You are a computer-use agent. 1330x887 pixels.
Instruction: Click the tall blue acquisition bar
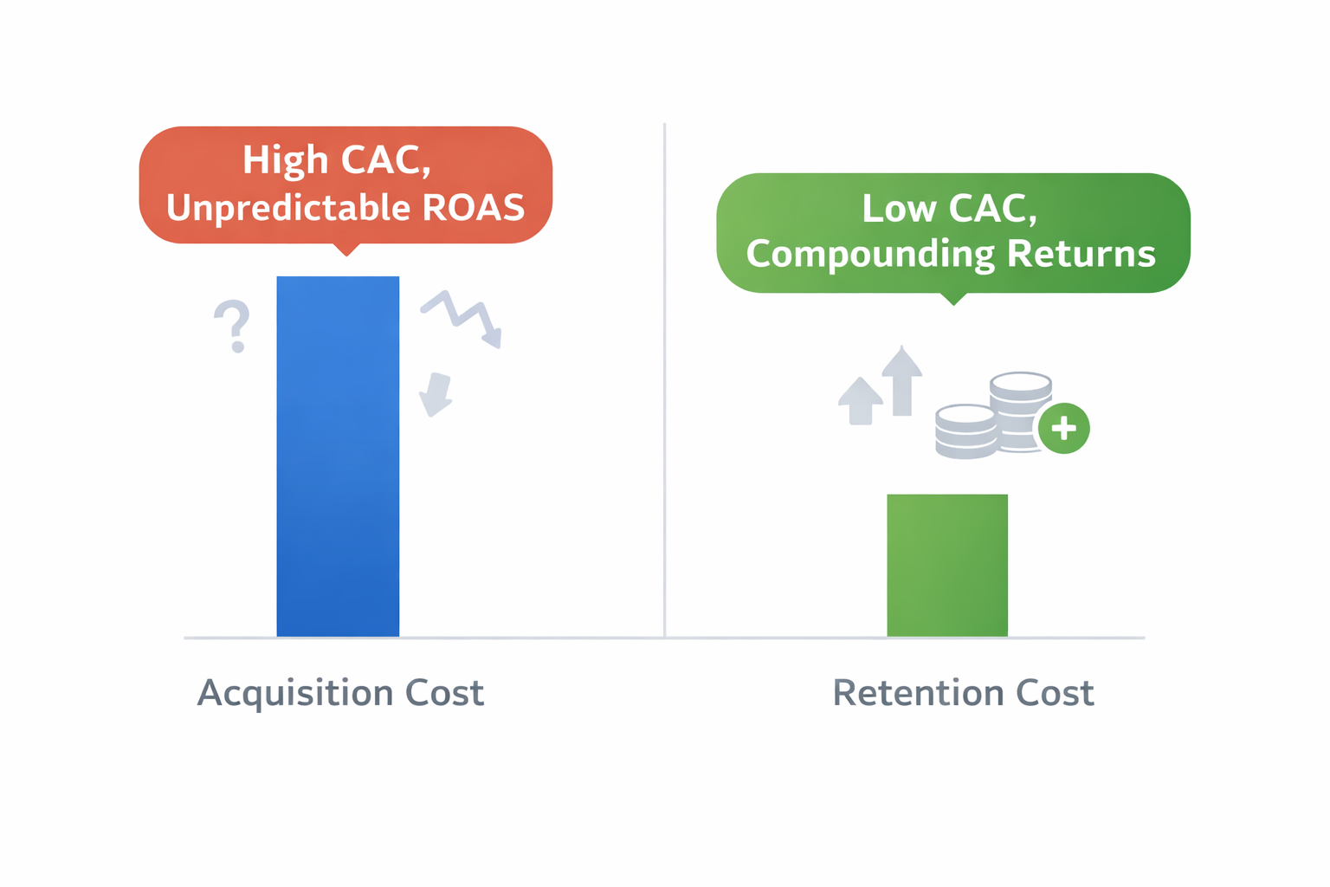[x=338, y=456]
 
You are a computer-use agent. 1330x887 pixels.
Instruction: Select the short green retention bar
[x=947, y=565]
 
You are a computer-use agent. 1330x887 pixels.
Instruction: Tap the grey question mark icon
[x=232, y=326]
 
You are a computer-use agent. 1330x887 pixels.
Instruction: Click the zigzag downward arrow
[x=462, y=318]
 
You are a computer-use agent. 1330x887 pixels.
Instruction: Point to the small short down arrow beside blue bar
[x=436, y=394]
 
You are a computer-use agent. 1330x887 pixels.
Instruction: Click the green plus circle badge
[x=1063, y=428]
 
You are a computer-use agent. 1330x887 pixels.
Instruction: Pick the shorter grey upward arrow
[x=861, y=401]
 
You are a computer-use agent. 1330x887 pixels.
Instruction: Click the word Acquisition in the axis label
[x=294, y=694]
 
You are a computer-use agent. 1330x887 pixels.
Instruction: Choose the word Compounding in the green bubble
[x=870, y=255]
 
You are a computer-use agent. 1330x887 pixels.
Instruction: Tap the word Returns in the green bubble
[x=1081, y=255]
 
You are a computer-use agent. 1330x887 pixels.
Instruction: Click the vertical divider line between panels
[x=664, y=381]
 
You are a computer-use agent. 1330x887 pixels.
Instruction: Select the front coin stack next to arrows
[x=965, y=431]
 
